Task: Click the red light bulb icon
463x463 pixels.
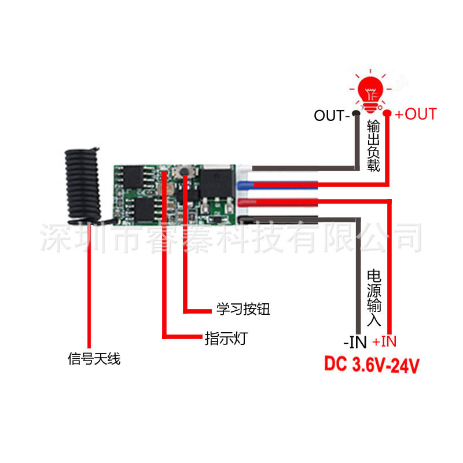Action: (372, 91)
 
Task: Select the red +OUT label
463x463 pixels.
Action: (416, 114)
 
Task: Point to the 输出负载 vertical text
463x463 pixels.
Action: (373, 145)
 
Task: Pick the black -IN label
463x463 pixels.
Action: (355, 342)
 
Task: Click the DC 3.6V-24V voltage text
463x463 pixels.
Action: (371, 365)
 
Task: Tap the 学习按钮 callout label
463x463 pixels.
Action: (243, 309)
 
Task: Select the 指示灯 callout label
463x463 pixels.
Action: (225, 338)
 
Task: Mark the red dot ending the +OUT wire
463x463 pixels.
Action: (388, 114)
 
